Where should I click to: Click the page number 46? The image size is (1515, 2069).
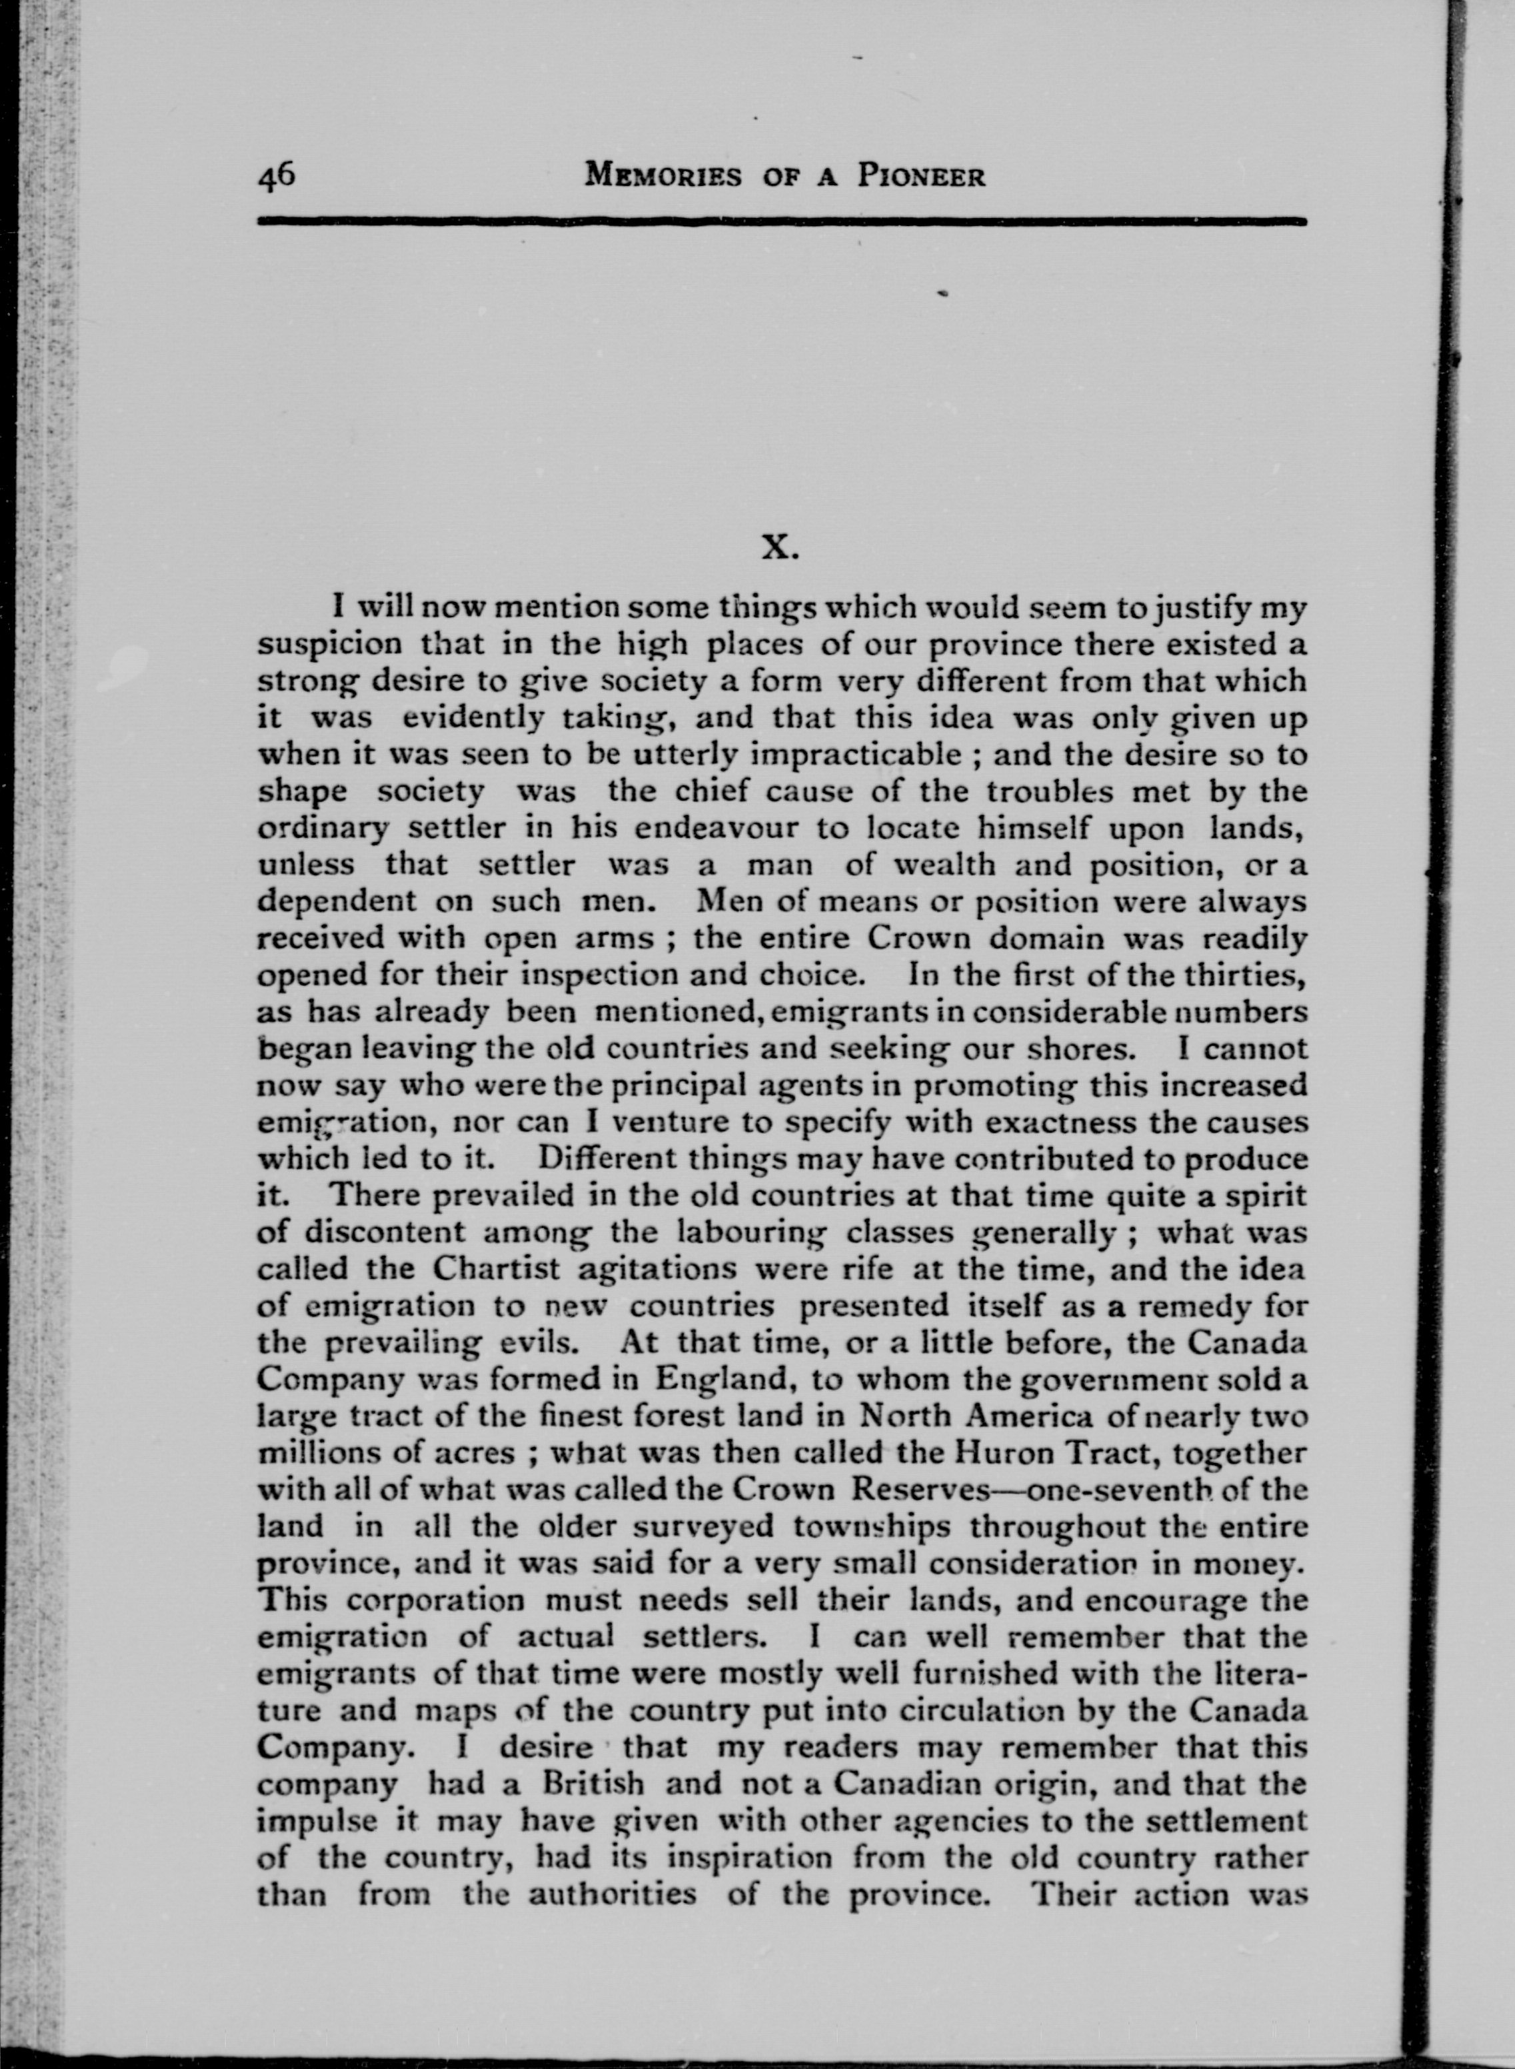coord(276,173)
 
